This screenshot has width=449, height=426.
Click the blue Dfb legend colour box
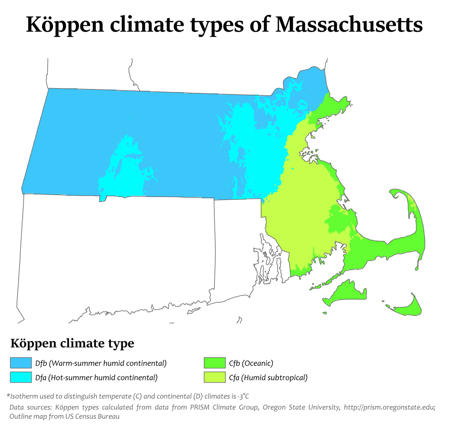coord(21,363)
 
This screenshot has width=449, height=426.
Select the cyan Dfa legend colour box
coord(21,377)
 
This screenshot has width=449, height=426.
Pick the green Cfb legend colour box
coord(214,363)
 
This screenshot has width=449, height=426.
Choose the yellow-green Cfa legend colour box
coord(214,377)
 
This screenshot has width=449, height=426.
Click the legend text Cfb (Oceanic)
coord(251,363)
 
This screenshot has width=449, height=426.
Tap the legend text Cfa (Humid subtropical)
coord(268,377)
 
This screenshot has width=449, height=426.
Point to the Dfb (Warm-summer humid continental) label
coord(101,363)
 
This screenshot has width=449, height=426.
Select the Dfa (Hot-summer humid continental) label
coord(96,377)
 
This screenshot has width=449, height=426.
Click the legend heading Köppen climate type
coord(72,343)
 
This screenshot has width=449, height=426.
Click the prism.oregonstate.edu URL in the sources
coord(389,407)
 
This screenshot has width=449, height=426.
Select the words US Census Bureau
coord(93,417)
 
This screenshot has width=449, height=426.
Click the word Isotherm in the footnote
coord(25,396)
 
